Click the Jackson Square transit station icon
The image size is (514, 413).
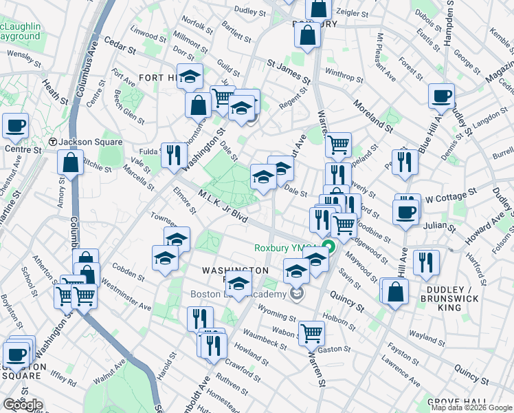pos(52,142)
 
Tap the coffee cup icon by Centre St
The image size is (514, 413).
pos(15,126)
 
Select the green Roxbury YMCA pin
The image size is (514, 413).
pos(329,248)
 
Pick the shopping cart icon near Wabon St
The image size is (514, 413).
pos(311,333)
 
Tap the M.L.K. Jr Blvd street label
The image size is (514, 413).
pos(223,206)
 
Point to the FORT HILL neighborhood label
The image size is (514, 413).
pos(157,78)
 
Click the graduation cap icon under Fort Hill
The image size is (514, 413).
pos(190,76)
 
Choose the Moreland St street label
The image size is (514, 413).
pos(373,115)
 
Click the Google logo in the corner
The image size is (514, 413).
pos(23,405)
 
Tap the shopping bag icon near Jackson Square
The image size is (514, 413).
pos(70,164)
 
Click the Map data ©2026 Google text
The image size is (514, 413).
pos(471,407)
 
